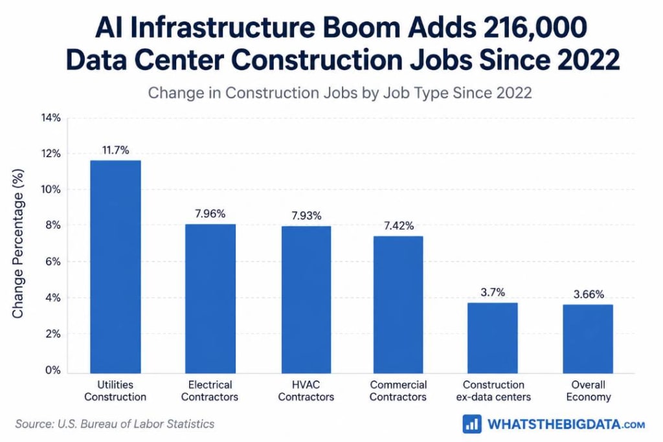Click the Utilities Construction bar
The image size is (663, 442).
pyautogui.click(x=115, y=267)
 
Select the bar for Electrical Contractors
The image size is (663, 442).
pyautogui.click(x=210, y=299)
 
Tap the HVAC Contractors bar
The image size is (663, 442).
pyautogui.click(x=306, y=300)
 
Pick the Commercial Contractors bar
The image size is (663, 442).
pyautogui.click(x=398, y=305)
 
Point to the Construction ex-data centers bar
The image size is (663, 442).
pyautogui.click(x=493, y=338)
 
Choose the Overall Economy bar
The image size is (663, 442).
pyautogui.click(x=588, y=339)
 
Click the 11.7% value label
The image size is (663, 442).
pyautogui.click(x=115, y=150)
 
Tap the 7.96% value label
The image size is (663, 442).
pyautogui.click(x=210, y=214)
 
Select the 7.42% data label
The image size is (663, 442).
pyautogui.click(x=399, y=226)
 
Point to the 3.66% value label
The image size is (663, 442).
pyautogui.click(x=589, y=294)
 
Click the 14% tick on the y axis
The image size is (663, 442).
pyautogui.click(x=51, y=118)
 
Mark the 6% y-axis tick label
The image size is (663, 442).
pyautogui.click(x=53, y=262)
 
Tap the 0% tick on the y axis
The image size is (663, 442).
pyautogui.click(x=53, y=370)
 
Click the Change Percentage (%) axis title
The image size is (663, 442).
pyautogui.click(x=17, y=244)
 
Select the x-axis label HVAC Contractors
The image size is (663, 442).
pyautogui.click(x=306, y=391)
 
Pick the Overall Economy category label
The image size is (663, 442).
pyautogui.click(x=589, y=391)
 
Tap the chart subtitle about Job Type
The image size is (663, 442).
pyautogui.click(x=340, y=93)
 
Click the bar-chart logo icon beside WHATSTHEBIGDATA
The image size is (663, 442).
pyautogui.click(x=472, y=424)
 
